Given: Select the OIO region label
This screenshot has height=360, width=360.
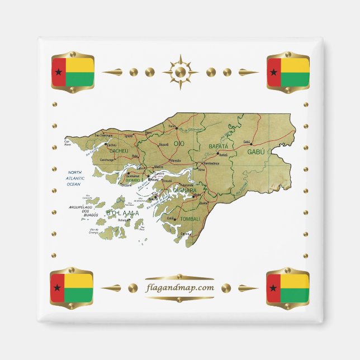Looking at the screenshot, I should [179, 144].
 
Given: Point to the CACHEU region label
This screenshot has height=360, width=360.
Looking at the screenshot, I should [119, 151].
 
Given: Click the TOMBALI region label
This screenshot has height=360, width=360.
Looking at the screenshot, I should [190, 219].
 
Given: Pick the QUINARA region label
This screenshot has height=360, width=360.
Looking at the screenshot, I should [184, 191].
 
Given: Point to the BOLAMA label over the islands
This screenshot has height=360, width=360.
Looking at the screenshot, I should [122, 213].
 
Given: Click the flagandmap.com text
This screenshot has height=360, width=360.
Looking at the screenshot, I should [179, 288].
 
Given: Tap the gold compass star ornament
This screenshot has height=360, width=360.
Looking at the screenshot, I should [180, 72].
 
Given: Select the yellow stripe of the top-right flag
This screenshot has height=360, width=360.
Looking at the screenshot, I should [295, 65].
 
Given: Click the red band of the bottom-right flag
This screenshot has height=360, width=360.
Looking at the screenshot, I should [273, 288].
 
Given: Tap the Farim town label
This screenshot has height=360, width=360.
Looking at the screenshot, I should [172, 126].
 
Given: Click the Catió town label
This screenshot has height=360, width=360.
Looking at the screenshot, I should [170, 219].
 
